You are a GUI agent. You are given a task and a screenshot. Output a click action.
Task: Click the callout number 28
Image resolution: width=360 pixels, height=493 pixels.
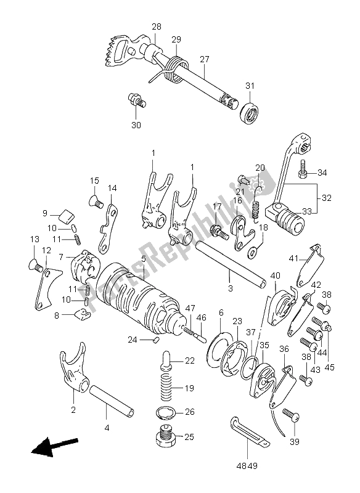[156, 26]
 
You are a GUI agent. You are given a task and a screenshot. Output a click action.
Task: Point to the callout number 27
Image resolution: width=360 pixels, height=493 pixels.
[205, 59]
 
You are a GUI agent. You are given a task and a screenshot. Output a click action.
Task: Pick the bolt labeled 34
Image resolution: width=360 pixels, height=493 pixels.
[304, 169]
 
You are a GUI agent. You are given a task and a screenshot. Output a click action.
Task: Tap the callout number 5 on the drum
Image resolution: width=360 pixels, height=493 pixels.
[144, 259]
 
